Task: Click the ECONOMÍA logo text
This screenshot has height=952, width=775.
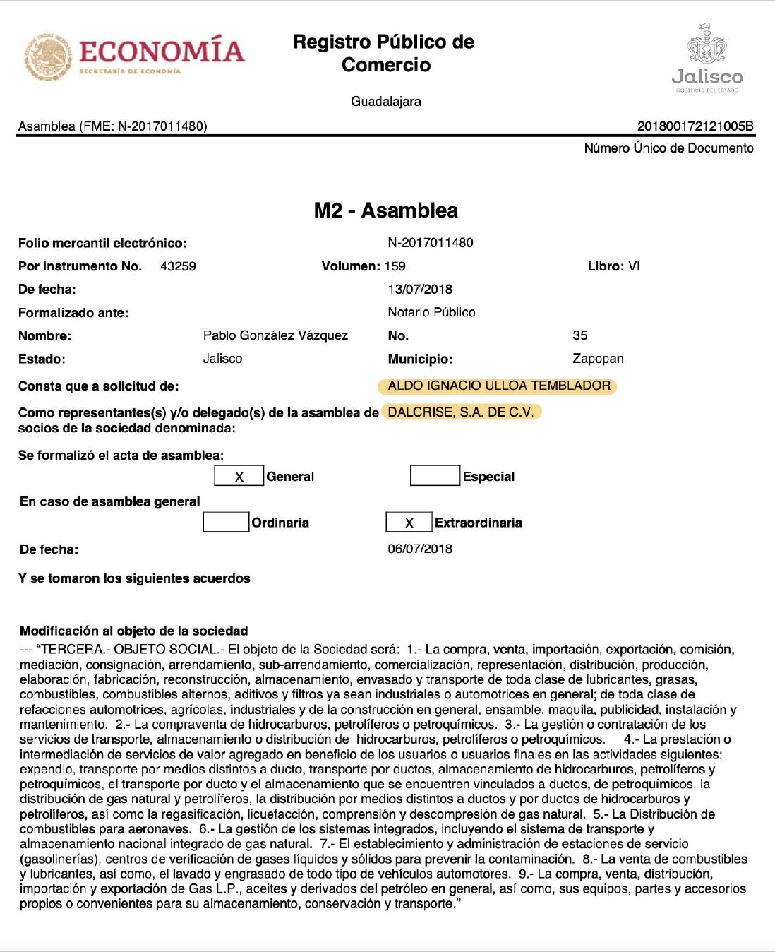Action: click(x=162, y=52)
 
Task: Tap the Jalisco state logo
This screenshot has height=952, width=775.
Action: click(x=707, y=59)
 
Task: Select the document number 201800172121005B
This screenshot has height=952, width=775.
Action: click(x=695, y=126)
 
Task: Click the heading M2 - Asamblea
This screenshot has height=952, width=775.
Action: click(x=386, y=210)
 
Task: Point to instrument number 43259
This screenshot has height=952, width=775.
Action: click(x=178, y=266)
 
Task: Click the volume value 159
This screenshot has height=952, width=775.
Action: click(x=395, y=266)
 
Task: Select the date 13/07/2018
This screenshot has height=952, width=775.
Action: click(x=420, y=289)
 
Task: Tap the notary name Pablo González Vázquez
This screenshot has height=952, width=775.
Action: click(x=275, y=335)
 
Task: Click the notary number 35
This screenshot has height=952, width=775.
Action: click(x=580, y=335)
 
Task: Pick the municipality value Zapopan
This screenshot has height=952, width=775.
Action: click(x=598, y=359)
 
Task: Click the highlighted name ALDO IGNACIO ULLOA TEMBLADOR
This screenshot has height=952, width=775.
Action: click(x=499, y=386)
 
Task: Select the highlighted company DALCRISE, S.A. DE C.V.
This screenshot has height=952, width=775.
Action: click(x=461, y=412)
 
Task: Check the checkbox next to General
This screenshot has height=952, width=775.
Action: click(x=239, y=476)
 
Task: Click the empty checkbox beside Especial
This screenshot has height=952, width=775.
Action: click(x=435, y=476)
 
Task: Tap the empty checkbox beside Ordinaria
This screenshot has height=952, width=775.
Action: click(x=226, y=522)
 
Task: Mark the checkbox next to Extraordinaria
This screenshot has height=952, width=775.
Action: click(x=409, y=523)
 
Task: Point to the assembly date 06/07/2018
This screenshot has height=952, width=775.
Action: click(x=420, y=549)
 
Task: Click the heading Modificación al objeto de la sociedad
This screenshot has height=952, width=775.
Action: click(x=134, y=631)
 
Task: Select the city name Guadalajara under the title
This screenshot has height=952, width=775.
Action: click(x=386, y=101)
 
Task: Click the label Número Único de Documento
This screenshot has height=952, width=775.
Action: click(x=668, y=148)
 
